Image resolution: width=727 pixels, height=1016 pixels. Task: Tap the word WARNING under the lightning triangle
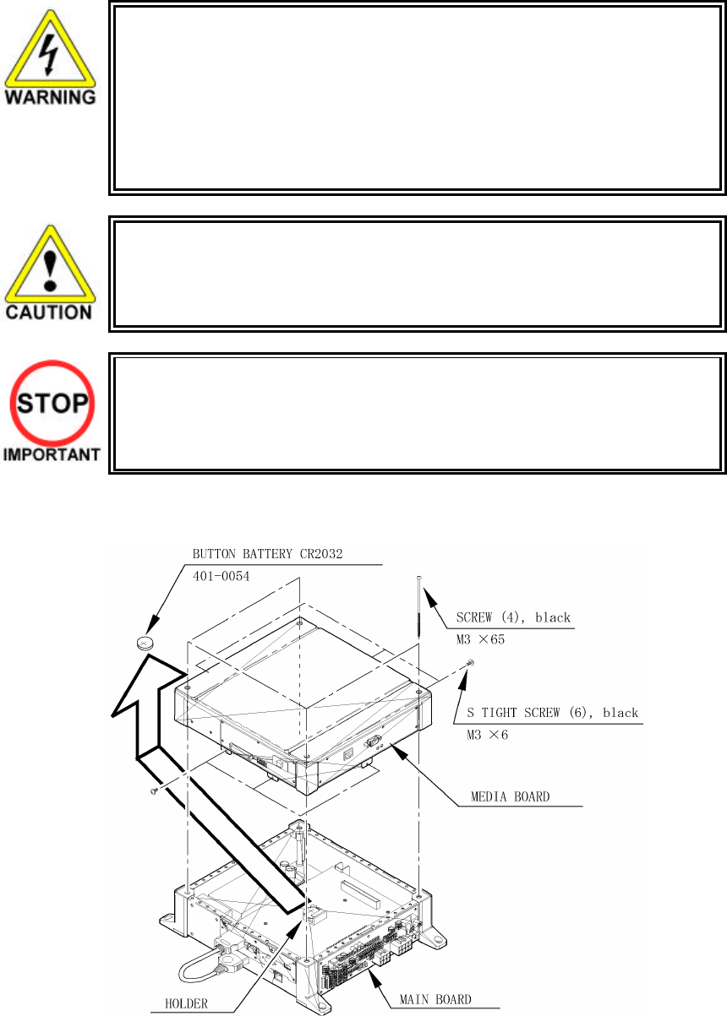[x=51, y=96]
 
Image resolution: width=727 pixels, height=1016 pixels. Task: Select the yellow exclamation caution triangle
[x=50, y=266]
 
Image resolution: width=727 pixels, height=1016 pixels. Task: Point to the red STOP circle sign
[x=50, y=405]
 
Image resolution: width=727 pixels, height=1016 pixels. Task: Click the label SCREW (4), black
[x=514, y=617]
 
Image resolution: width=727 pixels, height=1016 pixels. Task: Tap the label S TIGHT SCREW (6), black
[x=553, y=713]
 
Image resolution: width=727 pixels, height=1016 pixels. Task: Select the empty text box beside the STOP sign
[x=417, y=411]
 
